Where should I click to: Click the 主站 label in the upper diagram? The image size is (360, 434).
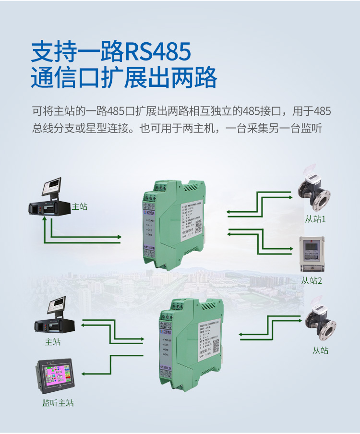80,207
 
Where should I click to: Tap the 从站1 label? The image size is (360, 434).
315,219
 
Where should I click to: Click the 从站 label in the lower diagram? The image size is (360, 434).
321,350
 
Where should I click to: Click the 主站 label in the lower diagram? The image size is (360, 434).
53,342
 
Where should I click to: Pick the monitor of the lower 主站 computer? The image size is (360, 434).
56,305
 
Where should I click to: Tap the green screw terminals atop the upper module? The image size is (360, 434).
152,196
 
